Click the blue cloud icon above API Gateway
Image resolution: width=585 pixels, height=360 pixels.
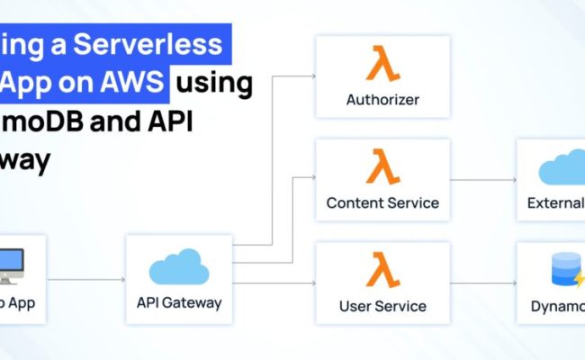pyautogui.click(x=179, y=267)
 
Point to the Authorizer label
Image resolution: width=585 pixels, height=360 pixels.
pyautogui.click(x=382, y=100)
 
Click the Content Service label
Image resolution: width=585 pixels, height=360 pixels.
pyautogui.click(x=382, y=202)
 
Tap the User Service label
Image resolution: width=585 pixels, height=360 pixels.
pyautogui.click(x=382, y=305)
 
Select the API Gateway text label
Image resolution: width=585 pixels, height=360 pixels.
pyautogui.click(x=179, y=302)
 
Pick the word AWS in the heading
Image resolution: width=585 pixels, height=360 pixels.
pyautogui.click(x=138, y=83)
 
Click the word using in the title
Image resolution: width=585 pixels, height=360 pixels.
pyautogui.click(x=214, y=83)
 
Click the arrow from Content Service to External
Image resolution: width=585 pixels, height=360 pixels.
pyautogui.click(x=482, y=179)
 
